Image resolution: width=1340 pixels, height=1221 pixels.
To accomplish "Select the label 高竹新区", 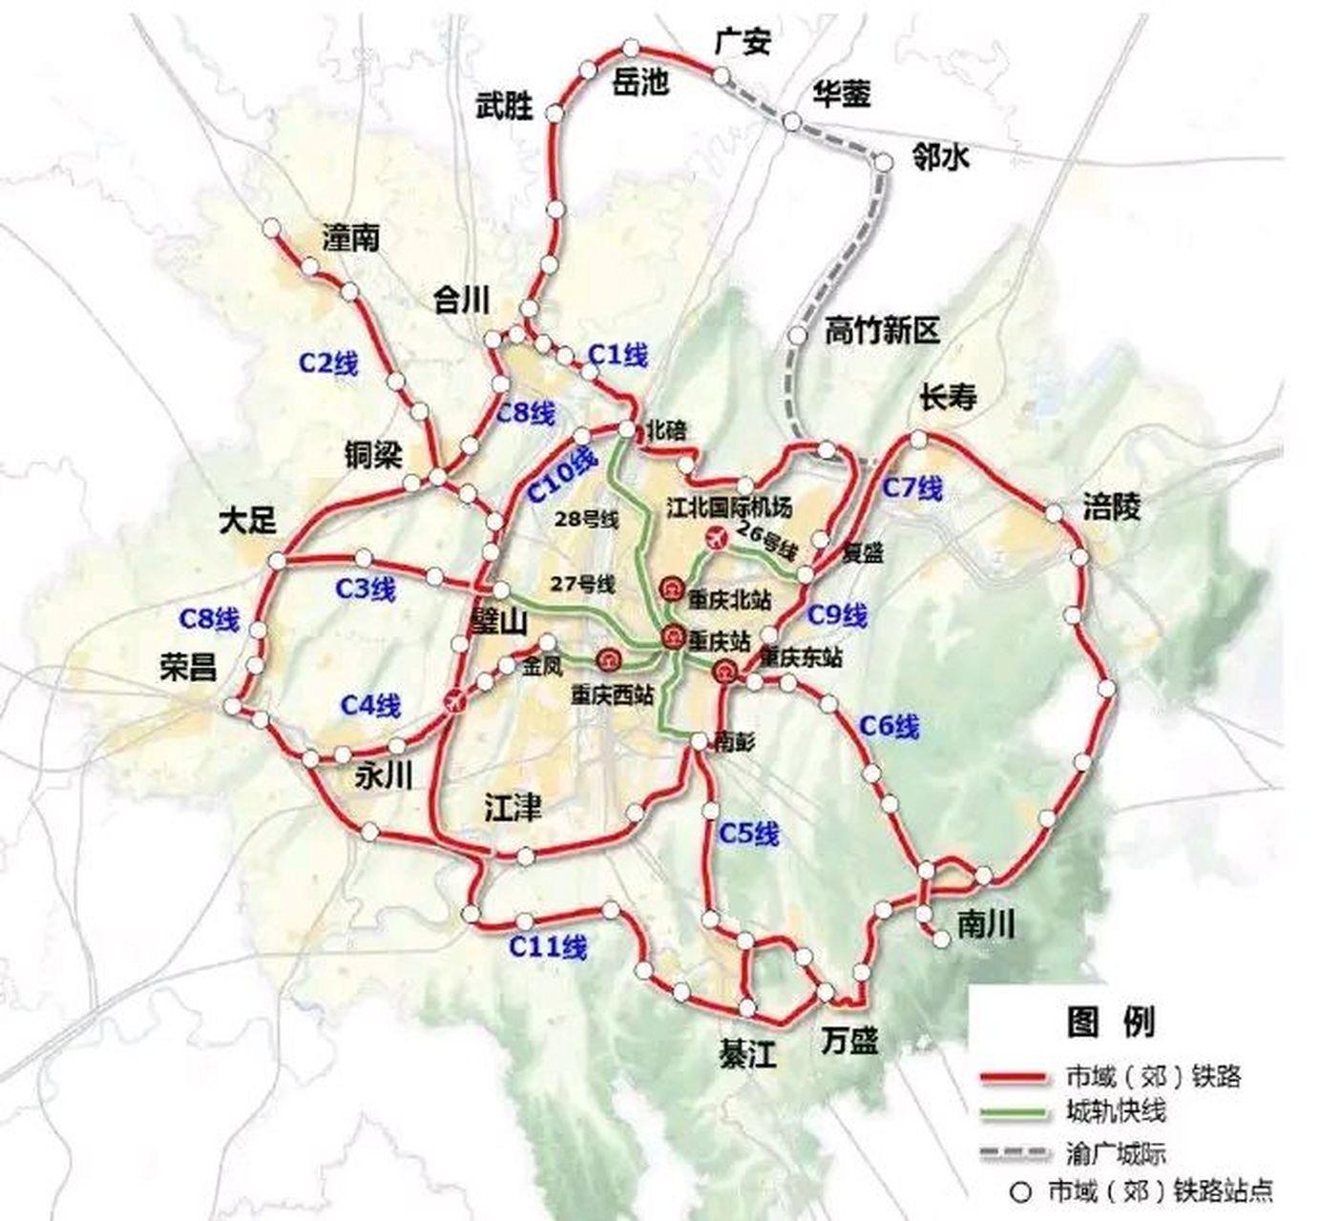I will tap(882, 332).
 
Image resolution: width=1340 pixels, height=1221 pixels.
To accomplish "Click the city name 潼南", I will tap(350, 238).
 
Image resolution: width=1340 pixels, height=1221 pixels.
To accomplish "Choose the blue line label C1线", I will tap(618, 356).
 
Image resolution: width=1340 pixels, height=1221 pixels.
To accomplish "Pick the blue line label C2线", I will tap(328, 363).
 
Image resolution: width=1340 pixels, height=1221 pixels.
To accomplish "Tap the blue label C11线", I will tap(548, 947).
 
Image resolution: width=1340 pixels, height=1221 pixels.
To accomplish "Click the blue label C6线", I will tap(889, 727).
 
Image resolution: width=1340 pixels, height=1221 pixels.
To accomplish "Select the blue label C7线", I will tap(911, 488).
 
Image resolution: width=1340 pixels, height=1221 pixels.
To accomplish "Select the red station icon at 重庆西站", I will tap(608, 659).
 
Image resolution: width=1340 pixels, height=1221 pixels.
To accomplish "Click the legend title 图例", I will tap(1110, 1023).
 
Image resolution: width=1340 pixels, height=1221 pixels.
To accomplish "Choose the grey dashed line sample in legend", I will tap(1014, 1153).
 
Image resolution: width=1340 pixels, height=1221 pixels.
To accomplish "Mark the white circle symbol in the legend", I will tap(1022, 1191).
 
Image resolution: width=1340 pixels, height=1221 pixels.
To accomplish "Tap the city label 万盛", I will tap(848, 1041).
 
